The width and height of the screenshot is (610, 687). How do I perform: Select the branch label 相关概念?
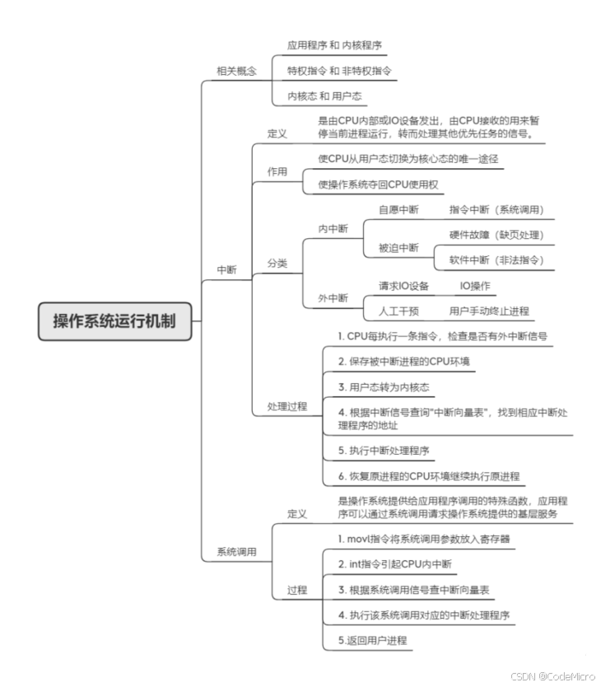click(x=236, y=71)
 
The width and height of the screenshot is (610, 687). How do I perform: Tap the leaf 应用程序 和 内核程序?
click(x=334, y=44)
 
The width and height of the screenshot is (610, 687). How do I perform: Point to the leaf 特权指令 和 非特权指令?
click(x=339, y=71)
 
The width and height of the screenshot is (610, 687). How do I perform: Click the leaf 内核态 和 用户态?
click(x=325, y=96)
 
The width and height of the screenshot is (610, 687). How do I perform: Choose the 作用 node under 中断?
click(x=277, y=171)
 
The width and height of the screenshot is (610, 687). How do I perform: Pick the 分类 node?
click(x=277, y=263)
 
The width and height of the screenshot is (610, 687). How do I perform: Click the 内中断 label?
click(x=333, y=228)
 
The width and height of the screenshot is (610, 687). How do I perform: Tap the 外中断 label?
click(x=333, y=297)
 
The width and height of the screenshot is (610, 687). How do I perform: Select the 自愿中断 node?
click(x=398, y=210)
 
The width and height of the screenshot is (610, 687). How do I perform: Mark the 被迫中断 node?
click(x=398, y=247)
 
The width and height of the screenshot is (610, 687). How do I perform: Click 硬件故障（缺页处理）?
click(x=496, y=235)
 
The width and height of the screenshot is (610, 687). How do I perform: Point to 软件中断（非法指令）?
click(x=496, y=260)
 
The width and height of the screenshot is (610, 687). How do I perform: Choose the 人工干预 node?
click(x=398, y=311)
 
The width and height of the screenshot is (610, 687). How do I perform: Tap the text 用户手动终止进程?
click(x=489, y=311)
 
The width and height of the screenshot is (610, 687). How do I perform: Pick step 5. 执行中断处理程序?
click(x=383, y=451)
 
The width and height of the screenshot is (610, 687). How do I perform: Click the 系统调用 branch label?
click(x=236, y=552)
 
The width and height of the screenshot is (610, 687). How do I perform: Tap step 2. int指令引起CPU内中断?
click(x=394, y=564)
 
